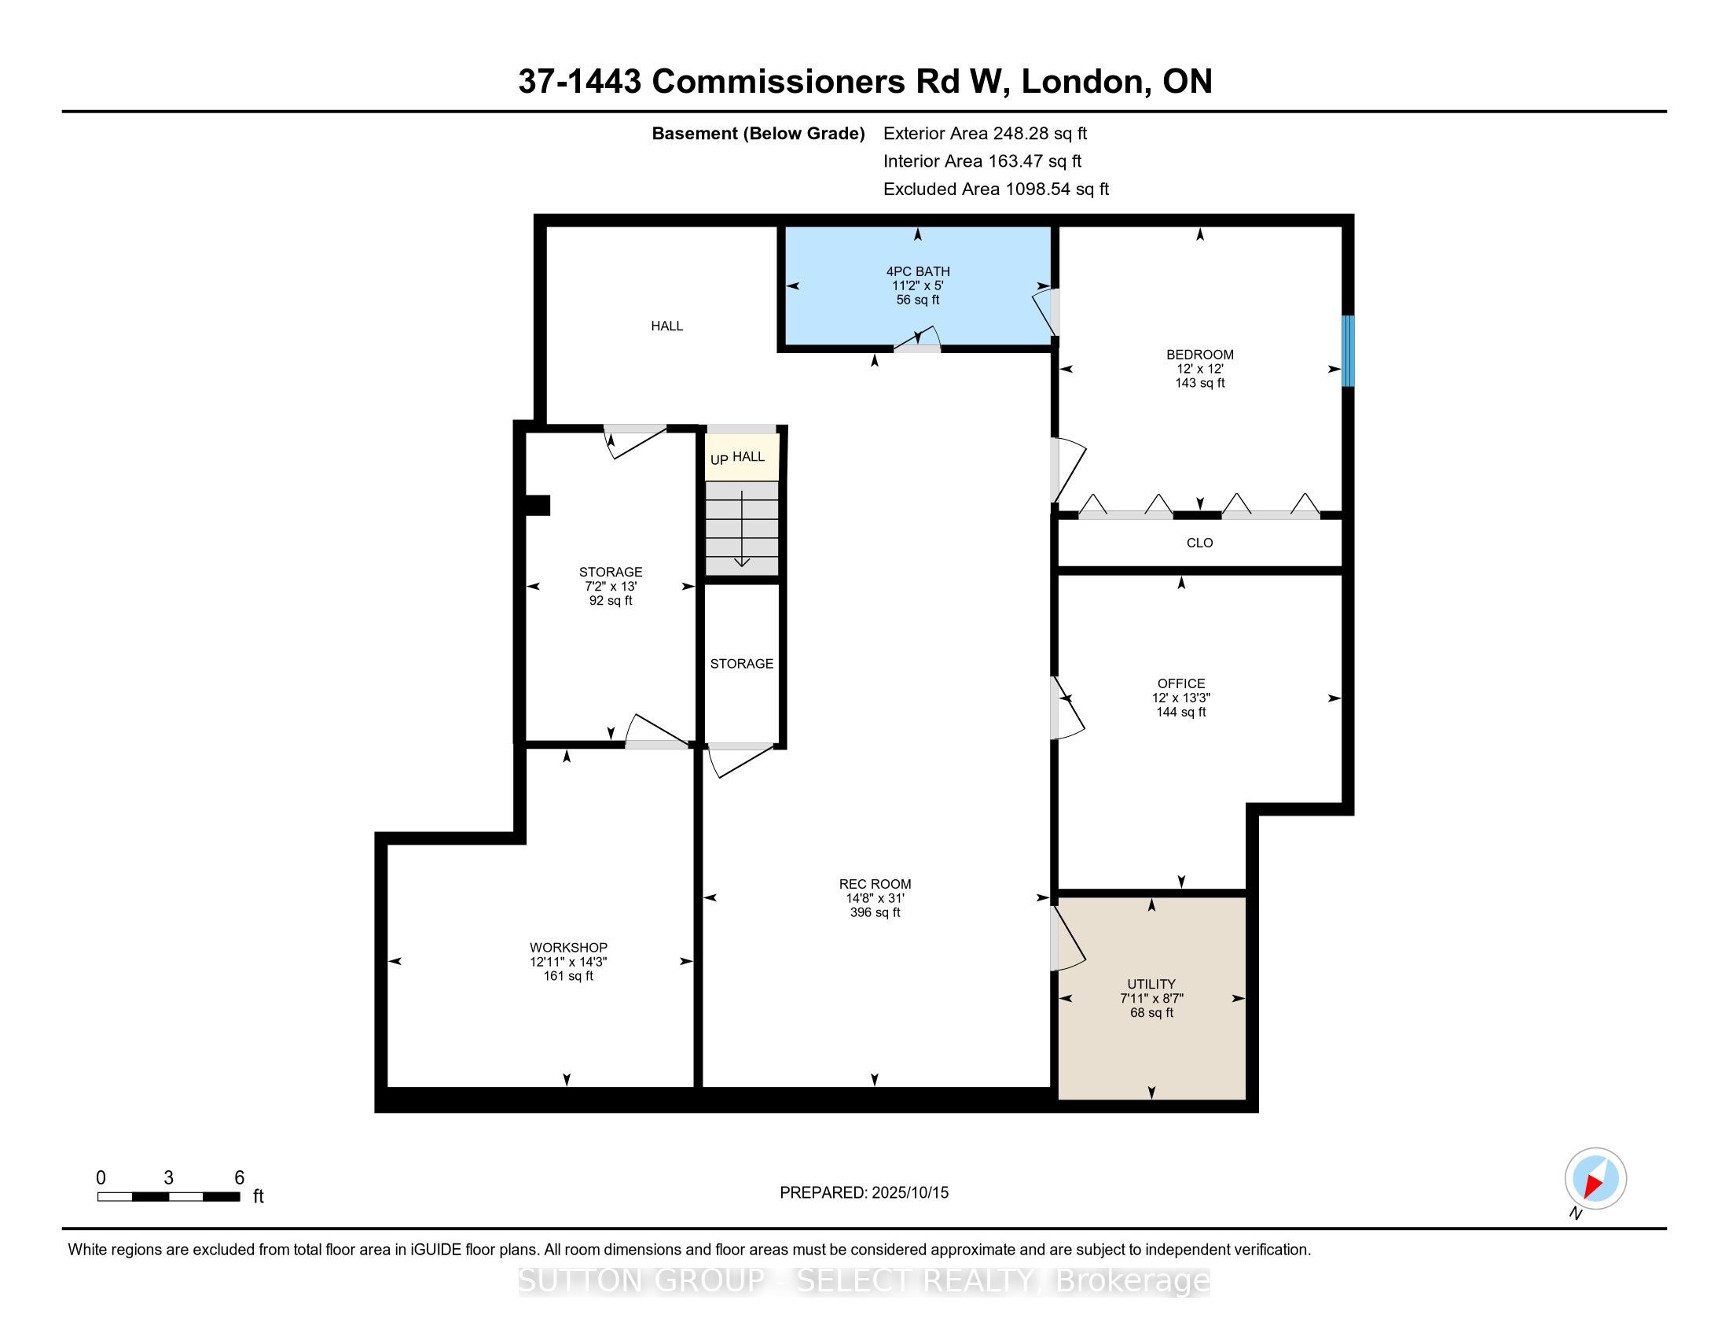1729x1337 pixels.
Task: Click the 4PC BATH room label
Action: [917, 271]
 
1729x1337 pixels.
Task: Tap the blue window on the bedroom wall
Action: [1347, 351]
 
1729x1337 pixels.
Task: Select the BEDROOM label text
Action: [1199, 355]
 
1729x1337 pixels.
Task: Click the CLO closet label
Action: [1199, 543]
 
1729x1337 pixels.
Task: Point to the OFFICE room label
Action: [1181, 683]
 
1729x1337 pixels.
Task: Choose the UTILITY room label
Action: [1151, 985]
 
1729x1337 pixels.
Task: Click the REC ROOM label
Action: [875, 884]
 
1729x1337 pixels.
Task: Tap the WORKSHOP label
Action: [568, 948]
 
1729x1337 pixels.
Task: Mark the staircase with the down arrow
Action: [742, 529]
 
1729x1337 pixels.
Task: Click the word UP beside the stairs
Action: [719, 459]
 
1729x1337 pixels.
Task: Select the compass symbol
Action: [1595, 1178]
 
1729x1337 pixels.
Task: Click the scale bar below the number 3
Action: [169, 1196]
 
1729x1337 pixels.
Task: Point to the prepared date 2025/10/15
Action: [909, 1193]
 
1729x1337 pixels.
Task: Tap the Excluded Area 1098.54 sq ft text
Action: [996, 190]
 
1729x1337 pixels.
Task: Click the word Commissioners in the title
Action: [778, 82]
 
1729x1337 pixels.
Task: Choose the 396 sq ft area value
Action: [875, 912]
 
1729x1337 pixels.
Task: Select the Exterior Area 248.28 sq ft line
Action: [985, 134]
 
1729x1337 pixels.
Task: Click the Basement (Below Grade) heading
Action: [758, 134]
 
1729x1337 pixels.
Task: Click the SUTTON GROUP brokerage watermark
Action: [864, 1280]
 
